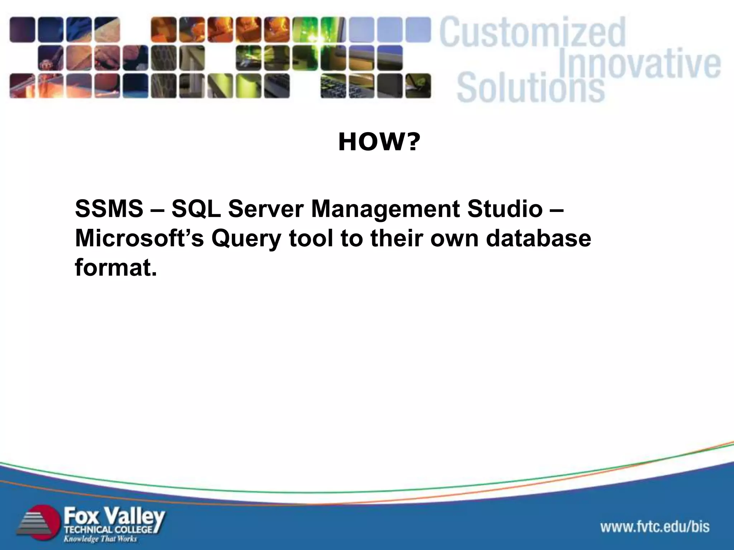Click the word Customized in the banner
click(533, 33)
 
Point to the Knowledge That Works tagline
click(100, 539)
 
